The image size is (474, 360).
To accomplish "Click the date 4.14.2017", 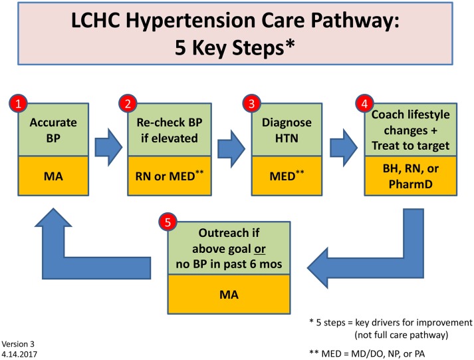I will click(x=19, y=355).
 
